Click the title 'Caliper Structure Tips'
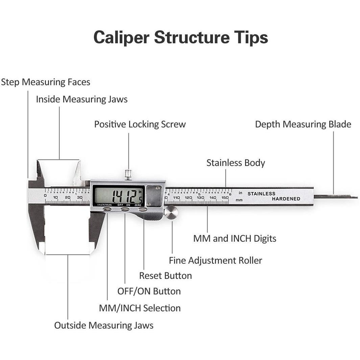[181, 37]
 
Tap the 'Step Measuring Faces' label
[46, 82]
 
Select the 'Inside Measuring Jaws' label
[82, 99]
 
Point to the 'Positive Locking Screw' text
[140, 124]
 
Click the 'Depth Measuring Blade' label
[303, 124]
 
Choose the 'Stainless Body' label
[236, 163]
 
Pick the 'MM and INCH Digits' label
[235, 239]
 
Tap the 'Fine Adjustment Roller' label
[215, 261]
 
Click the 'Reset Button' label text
[165, 276]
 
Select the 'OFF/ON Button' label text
[149, 291]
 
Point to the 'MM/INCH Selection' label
[140, 308]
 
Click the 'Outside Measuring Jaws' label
[104, 326]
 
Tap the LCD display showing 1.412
[119, 195]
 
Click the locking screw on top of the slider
[128, 174]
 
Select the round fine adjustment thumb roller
[171, 213]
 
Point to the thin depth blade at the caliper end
[335, 196]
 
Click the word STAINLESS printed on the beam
[261, 194]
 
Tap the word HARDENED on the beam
[286, 199]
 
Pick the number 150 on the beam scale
[225, 197]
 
